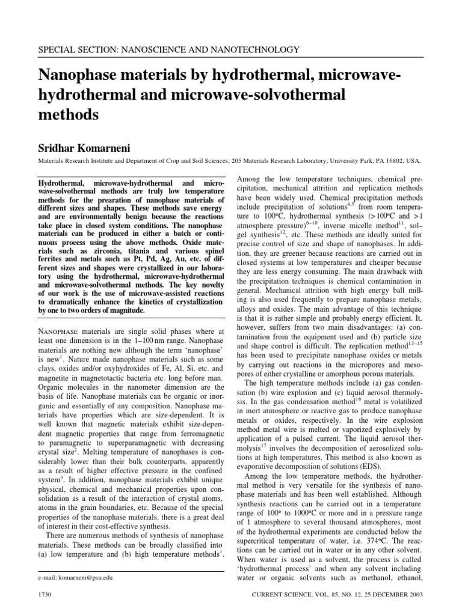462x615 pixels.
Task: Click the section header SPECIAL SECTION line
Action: [168, 50]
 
